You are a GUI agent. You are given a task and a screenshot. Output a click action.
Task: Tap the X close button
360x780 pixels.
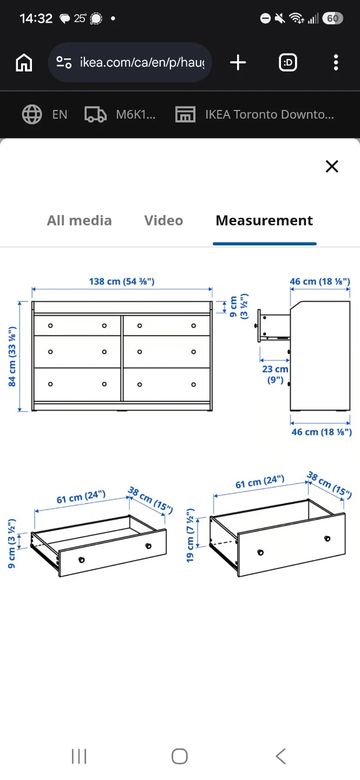(332, 166)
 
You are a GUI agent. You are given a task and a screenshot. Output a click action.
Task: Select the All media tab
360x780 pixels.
(80, 220)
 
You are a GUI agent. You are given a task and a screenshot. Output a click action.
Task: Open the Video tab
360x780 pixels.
(163, 220)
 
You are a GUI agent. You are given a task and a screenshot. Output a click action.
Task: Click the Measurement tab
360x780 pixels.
(264, 220)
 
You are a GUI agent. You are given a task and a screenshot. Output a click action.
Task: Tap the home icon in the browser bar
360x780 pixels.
(24, 63)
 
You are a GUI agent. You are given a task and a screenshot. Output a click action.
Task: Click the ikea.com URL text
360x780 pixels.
(142, 62)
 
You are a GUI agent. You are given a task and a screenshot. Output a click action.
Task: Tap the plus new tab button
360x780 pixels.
(238, 63)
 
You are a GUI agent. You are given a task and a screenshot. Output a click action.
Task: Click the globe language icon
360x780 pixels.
(32, 114)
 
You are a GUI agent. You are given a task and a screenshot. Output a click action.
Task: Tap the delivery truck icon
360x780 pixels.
(95, 114)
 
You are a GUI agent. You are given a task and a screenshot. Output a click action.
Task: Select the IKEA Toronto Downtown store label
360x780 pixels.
(270, 114)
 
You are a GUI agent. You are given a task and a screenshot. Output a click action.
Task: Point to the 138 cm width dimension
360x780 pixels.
(122, 281)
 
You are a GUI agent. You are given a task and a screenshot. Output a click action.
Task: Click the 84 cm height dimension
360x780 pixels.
(12, 356)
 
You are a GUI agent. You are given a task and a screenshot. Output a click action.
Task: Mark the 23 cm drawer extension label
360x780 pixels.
(275, 374)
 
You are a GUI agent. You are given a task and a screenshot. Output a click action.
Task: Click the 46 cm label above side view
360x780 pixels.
(320, 281)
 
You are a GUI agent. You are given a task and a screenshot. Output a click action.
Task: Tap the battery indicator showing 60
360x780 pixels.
(333, 18)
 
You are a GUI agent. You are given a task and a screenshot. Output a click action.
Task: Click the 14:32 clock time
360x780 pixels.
(36, 18)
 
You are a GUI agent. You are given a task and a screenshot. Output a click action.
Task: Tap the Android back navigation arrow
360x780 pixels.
(280, 756)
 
